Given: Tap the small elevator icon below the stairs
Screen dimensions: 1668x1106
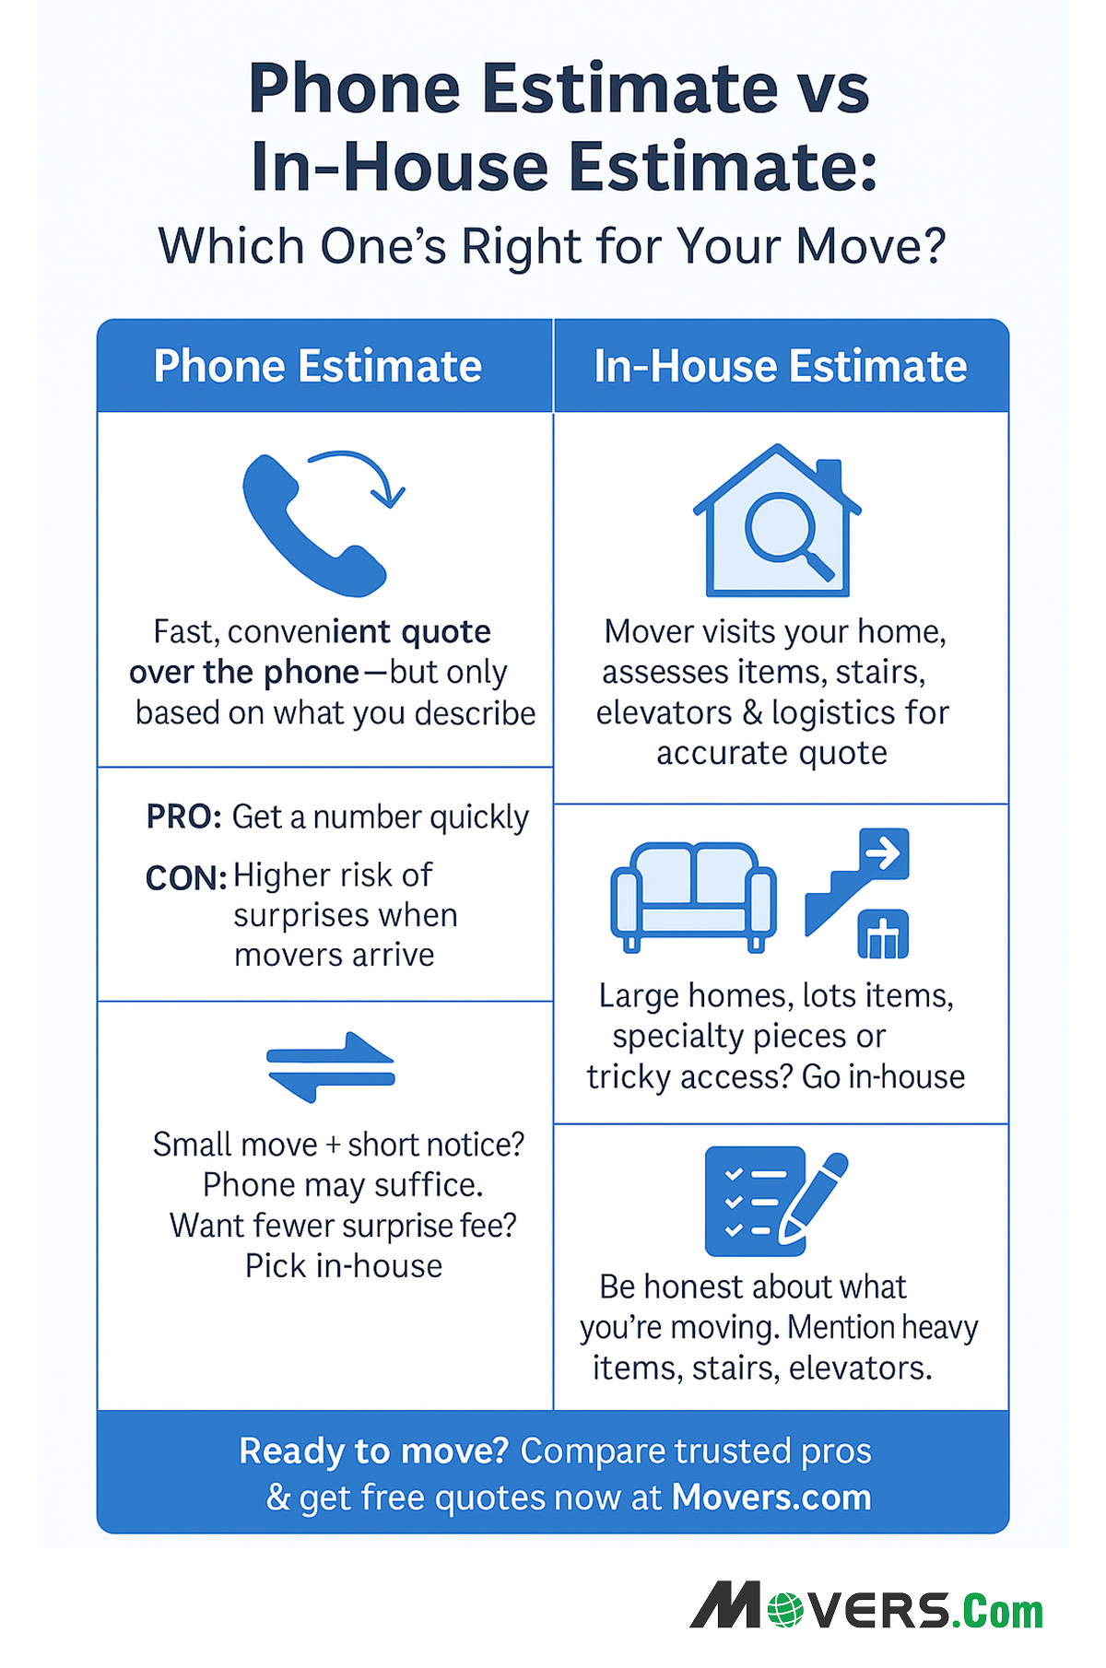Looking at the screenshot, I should (x=883, y=934).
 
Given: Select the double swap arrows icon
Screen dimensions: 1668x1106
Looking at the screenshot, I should (x=330, y=1067).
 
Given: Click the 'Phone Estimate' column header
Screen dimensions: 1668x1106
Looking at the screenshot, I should (x=318, y=366).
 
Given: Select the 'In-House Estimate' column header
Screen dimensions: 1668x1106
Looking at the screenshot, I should (x=780, y=366).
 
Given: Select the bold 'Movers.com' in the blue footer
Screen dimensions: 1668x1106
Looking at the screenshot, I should (x=771, y=1498).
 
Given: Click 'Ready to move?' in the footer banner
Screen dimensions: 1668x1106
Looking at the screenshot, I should (x=373, y=1451).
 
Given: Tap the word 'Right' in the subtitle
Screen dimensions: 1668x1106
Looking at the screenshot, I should (x=523, y=247).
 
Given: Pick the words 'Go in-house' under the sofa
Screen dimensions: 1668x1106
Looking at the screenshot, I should (x=883, y=1076).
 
